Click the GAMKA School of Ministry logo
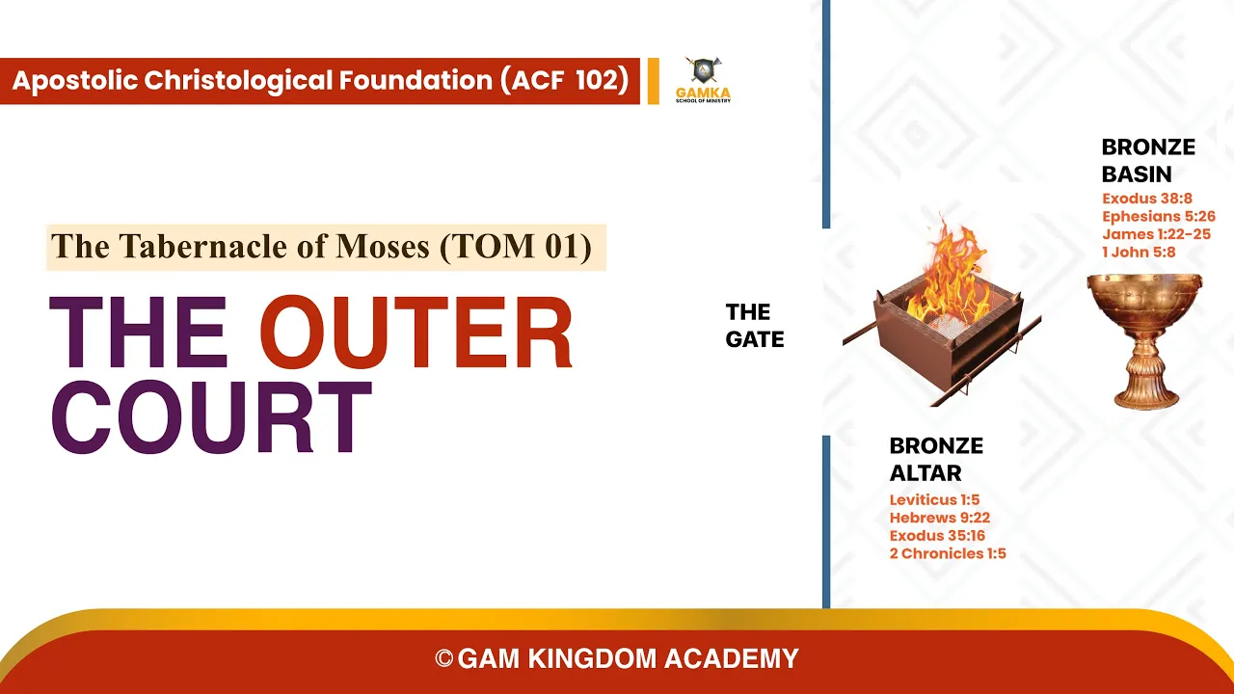click(x=704, y=80)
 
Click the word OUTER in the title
click(x=416, y=332)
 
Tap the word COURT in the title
click(x=211, y=417)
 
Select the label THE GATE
click(x=755, y=326)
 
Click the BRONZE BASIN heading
click(x=1148, y=160)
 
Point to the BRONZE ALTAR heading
click(x=936, y=459)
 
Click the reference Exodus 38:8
click(x=1147, y=199)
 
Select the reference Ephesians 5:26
click(x=1159, y=217)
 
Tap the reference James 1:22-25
click(x=1156, y=234)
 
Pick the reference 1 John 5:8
click(x=1139, y=253)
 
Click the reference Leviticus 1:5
click(x=934, y=499)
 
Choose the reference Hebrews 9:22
click(x=939, y=518)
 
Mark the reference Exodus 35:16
click(x=937, y=535)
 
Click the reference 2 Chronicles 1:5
click(x=948, y=553)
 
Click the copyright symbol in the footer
click(x=444, y=658)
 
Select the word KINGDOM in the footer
click(x=592, y=658)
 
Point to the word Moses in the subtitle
click(x=383, y=246)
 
